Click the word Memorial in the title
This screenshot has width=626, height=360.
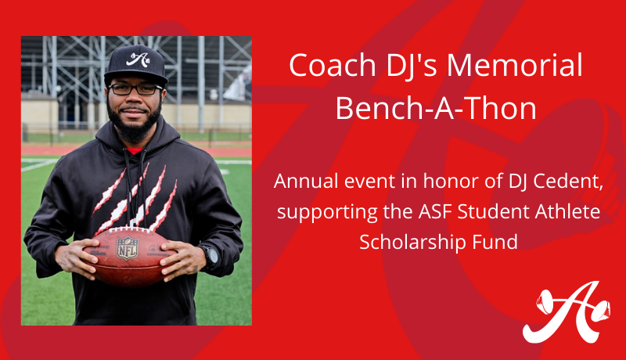pos(515,65)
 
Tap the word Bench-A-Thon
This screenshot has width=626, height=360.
pos(436,108)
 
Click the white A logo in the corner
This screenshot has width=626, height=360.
pos(566,312)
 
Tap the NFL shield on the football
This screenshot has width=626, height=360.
pos(128,248)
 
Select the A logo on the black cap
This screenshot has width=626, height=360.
pos(138,59)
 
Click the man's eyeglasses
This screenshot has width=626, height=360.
pos(135,89)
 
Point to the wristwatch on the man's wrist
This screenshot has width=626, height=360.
pos(210,256)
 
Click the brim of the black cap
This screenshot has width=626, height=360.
pos(135,77)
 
